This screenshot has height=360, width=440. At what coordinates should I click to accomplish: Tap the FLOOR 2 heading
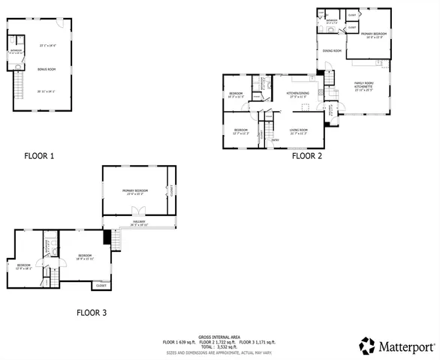tap(306, 157)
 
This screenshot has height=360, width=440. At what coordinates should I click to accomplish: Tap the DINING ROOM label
tap(332, 51)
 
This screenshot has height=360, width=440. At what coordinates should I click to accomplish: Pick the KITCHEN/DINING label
tap(298, 94)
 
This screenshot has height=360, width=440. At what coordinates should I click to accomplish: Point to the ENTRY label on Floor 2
tap(275, 139)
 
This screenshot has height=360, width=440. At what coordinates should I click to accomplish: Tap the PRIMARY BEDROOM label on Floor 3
tap(135, 191)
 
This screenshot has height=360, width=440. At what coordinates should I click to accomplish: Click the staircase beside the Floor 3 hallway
tap(115, 239)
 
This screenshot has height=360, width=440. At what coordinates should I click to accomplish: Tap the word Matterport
tap(406, 346)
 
